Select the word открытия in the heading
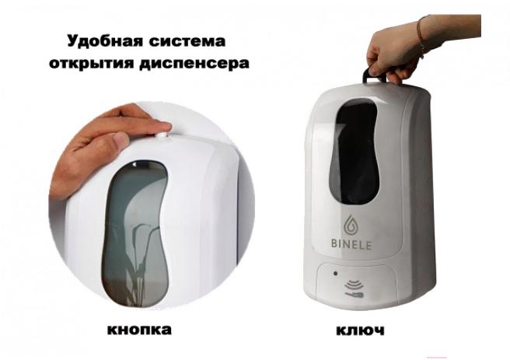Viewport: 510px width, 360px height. point(91,63)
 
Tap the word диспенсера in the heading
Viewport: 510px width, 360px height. point(194,63)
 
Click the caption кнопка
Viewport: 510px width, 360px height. point(139,329)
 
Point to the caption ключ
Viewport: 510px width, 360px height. point(360,330)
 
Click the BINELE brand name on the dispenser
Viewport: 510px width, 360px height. point(351,244)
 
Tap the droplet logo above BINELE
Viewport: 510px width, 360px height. point(351,225)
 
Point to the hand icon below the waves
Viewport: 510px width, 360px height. point(355,295)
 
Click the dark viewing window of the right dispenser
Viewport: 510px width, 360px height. point(354,152)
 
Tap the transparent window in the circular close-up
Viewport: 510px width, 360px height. point(135,232)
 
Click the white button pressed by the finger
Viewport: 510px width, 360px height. point(162,135)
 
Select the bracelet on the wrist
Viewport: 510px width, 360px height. point(421,36)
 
